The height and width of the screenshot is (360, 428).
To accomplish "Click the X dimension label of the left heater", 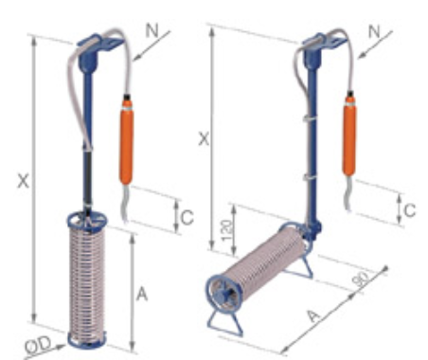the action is [23, 182].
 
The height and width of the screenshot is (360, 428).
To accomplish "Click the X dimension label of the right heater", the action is [204, 138].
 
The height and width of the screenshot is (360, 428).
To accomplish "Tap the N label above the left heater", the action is [152, 31].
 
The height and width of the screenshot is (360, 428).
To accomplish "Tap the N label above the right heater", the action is [374, 31].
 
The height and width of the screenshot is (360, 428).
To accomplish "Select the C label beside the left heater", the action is [187, 217].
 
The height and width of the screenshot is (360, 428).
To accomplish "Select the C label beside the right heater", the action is [410, 210].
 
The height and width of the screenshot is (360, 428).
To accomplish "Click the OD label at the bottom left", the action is [39, 345].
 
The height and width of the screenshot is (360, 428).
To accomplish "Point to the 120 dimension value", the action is [227, 230].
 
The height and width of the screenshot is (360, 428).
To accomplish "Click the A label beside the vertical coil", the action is [142, 295].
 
